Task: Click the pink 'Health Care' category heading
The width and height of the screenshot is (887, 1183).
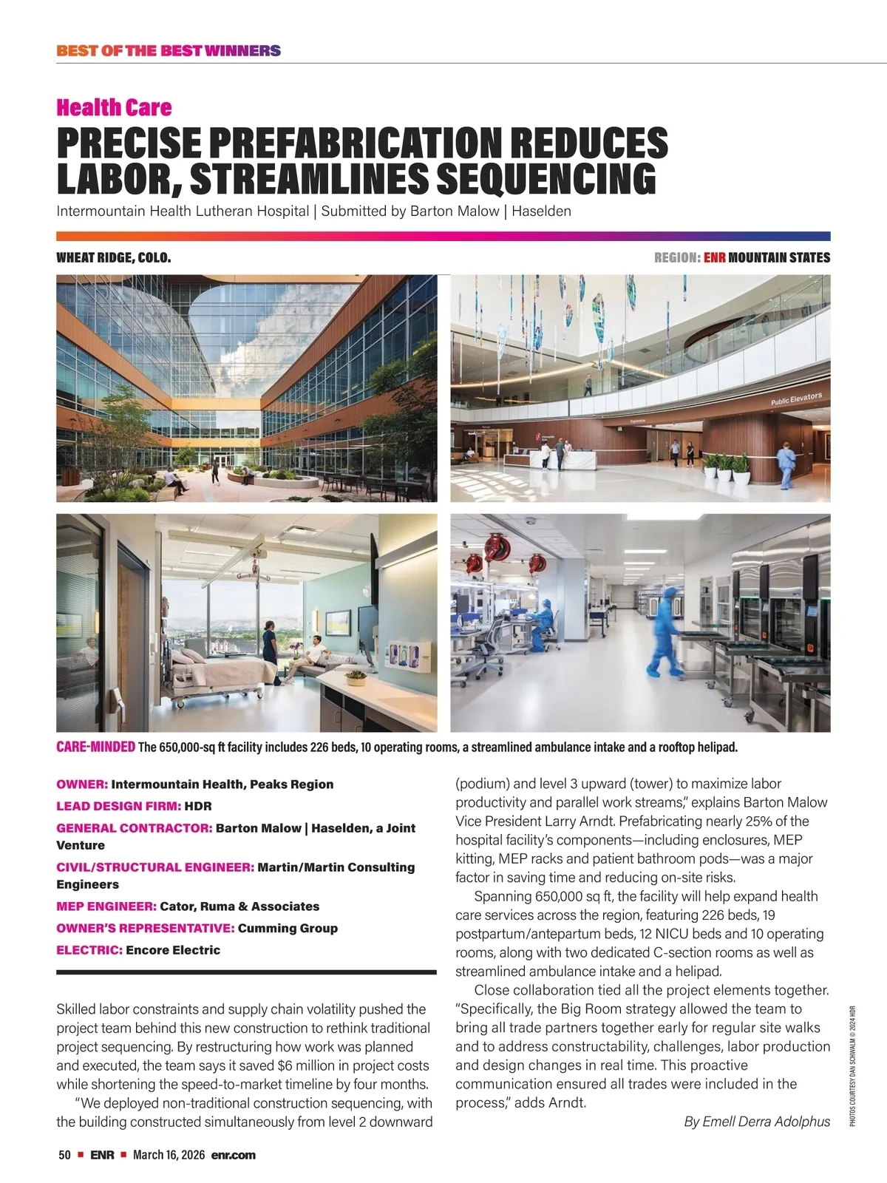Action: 114,108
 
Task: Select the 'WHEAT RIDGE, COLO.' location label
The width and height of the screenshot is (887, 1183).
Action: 114,258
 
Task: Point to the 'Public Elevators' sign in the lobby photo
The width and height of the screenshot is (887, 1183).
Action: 796,399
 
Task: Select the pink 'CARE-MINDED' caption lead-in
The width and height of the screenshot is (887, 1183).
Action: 95,747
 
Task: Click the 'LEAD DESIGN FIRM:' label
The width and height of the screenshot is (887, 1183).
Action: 118,806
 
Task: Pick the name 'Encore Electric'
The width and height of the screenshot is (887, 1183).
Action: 173,950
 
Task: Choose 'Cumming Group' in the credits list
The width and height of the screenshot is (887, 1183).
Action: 288,928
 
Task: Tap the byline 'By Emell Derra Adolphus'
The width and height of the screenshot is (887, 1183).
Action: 757,1122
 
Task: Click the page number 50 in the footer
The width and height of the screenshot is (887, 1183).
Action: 64,1155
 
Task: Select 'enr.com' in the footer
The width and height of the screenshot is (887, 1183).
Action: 233,1155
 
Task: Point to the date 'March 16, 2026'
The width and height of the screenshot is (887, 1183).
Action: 169,1155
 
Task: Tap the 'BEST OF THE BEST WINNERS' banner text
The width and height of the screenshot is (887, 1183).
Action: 169,51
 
